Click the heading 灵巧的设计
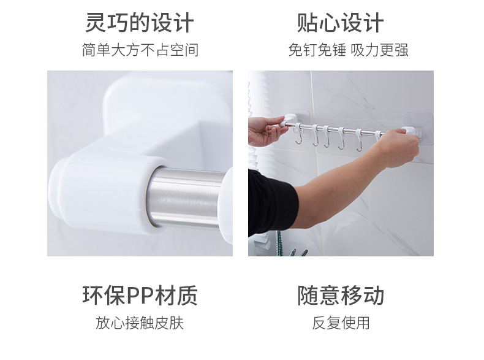click(140, 23)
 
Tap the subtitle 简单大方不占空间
click(140, 50)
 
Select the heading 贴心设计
click(341, 23)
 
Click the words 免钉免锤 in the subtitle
click(317, 50)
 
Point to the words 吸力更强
click(380, 50)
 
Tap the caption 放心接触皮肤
click(140, 323)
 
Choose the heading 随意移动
click(341, 296)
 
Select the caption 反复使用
click(341, 323)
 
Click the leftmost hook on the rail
click(298, 134)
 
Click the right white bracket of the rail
click(408, 131)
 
